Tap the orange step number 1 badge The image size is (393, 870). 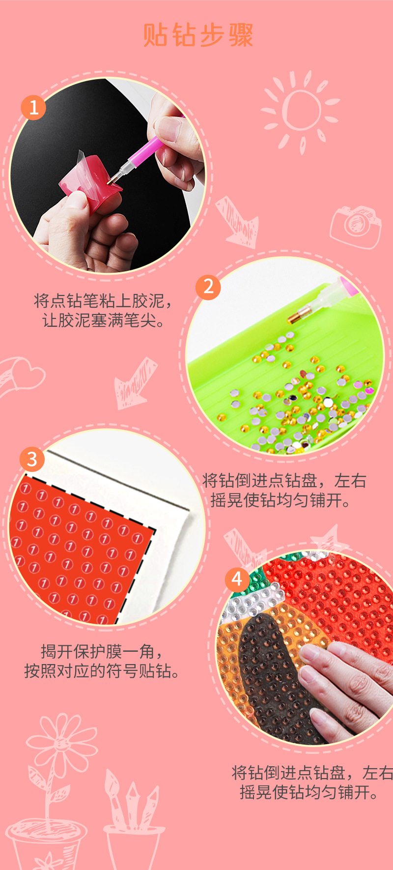click(33, 107)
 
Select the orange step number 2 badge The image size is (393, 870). click(208, 287)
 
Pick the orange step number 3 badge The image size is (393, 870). click(32, 459)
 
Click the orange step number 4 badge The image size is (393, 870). click(237, 580)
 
